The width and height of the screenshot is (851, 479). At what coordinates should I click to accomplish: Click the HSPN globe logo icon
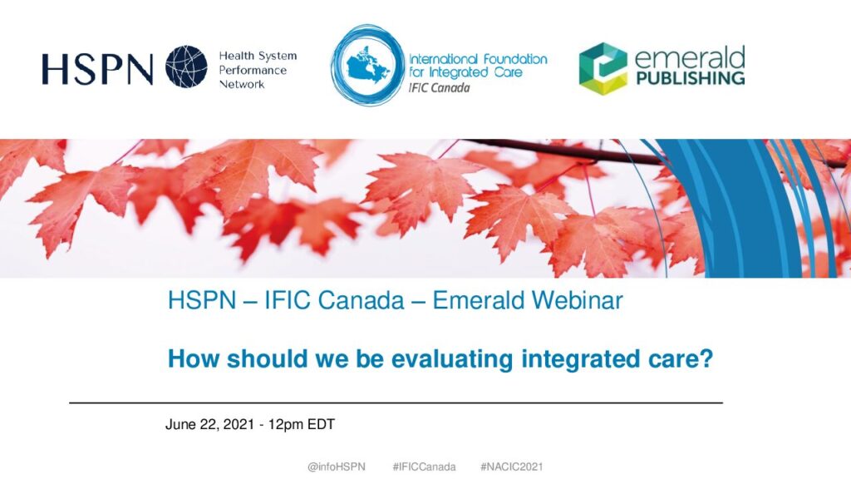point(186,67)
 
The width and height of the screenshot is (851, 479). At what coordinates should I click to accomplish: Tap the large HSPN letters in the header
point(97,70)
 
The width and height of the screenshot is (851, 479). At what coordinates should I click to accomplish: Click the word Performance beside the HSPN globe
point(253,70)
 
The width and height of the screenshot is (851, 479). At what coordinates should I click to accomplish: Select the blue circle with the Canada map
point(368,65)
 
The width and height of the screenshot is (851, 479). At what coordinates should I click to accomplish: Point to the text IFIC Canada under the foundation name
point(439,88)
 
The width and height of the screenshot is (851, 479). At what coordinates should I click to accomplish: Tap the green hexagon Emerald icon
point(603,69)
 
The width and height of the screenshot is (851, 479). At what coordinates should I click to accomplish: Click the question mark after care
point(706,358)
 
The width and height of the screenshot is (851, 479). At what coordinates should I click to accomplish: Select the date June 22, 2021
point(209,425)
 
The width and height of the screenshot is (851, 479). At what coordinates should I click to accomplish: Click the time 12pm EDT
point(301,424)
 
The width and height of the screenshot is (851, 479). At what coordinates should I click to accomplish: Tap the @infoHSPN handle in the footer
point(337,467)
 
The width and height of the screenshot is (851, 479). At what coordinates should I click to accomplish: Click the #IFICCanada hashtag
point(425,467)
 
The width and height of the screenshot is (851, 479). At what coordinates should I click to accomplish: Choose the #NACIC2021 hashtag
point(512,467)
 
